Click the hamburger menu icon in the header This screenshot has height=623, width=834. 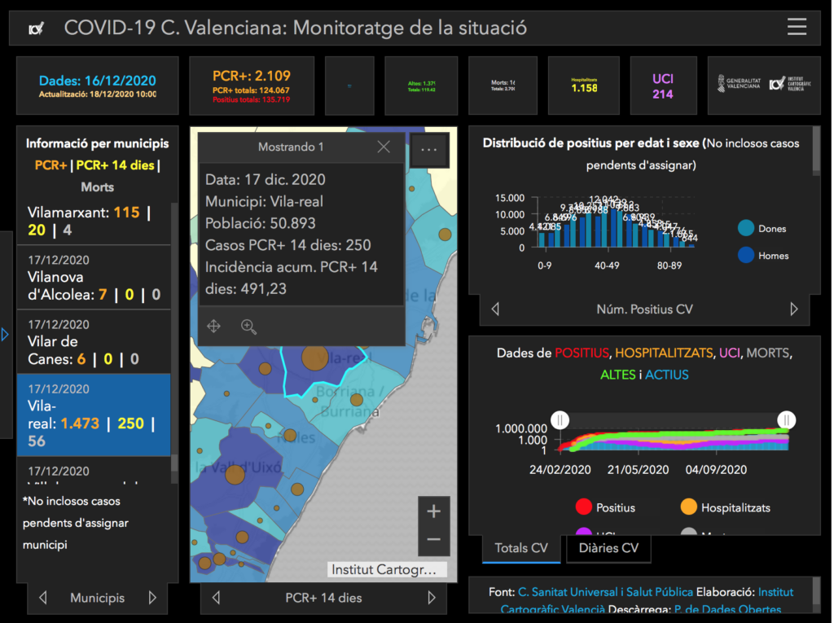point(797,28)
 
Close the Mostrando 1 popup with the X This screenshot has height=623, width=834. point(384,147)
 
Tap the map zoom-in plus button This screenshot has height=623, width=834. point(433,511)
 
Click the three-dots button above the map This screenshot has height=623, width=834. point(429,149)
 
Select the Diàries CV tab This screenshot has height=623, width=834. point(608,548)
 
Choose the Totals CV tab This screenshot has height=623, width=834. point(521,548)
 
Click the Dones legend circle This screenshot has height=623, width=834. point(745,229)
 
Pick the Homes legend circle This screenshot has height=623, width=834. point(745,255)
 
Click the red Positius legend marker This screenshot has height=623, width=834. point(583,507)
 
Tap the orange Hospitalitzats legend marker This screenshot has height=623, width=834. point(689,507)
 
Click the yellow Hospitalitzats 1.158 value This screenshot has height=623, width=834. point(584,88)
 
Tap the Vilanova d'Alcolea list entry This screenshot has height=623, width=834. point(94,278)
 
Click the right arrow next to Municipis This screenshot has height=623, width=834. point(152,598)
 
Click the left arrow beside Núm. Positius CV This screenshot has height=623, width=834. point(495,309)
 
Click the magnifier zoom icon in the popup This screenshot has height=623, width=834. point(248,327)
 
